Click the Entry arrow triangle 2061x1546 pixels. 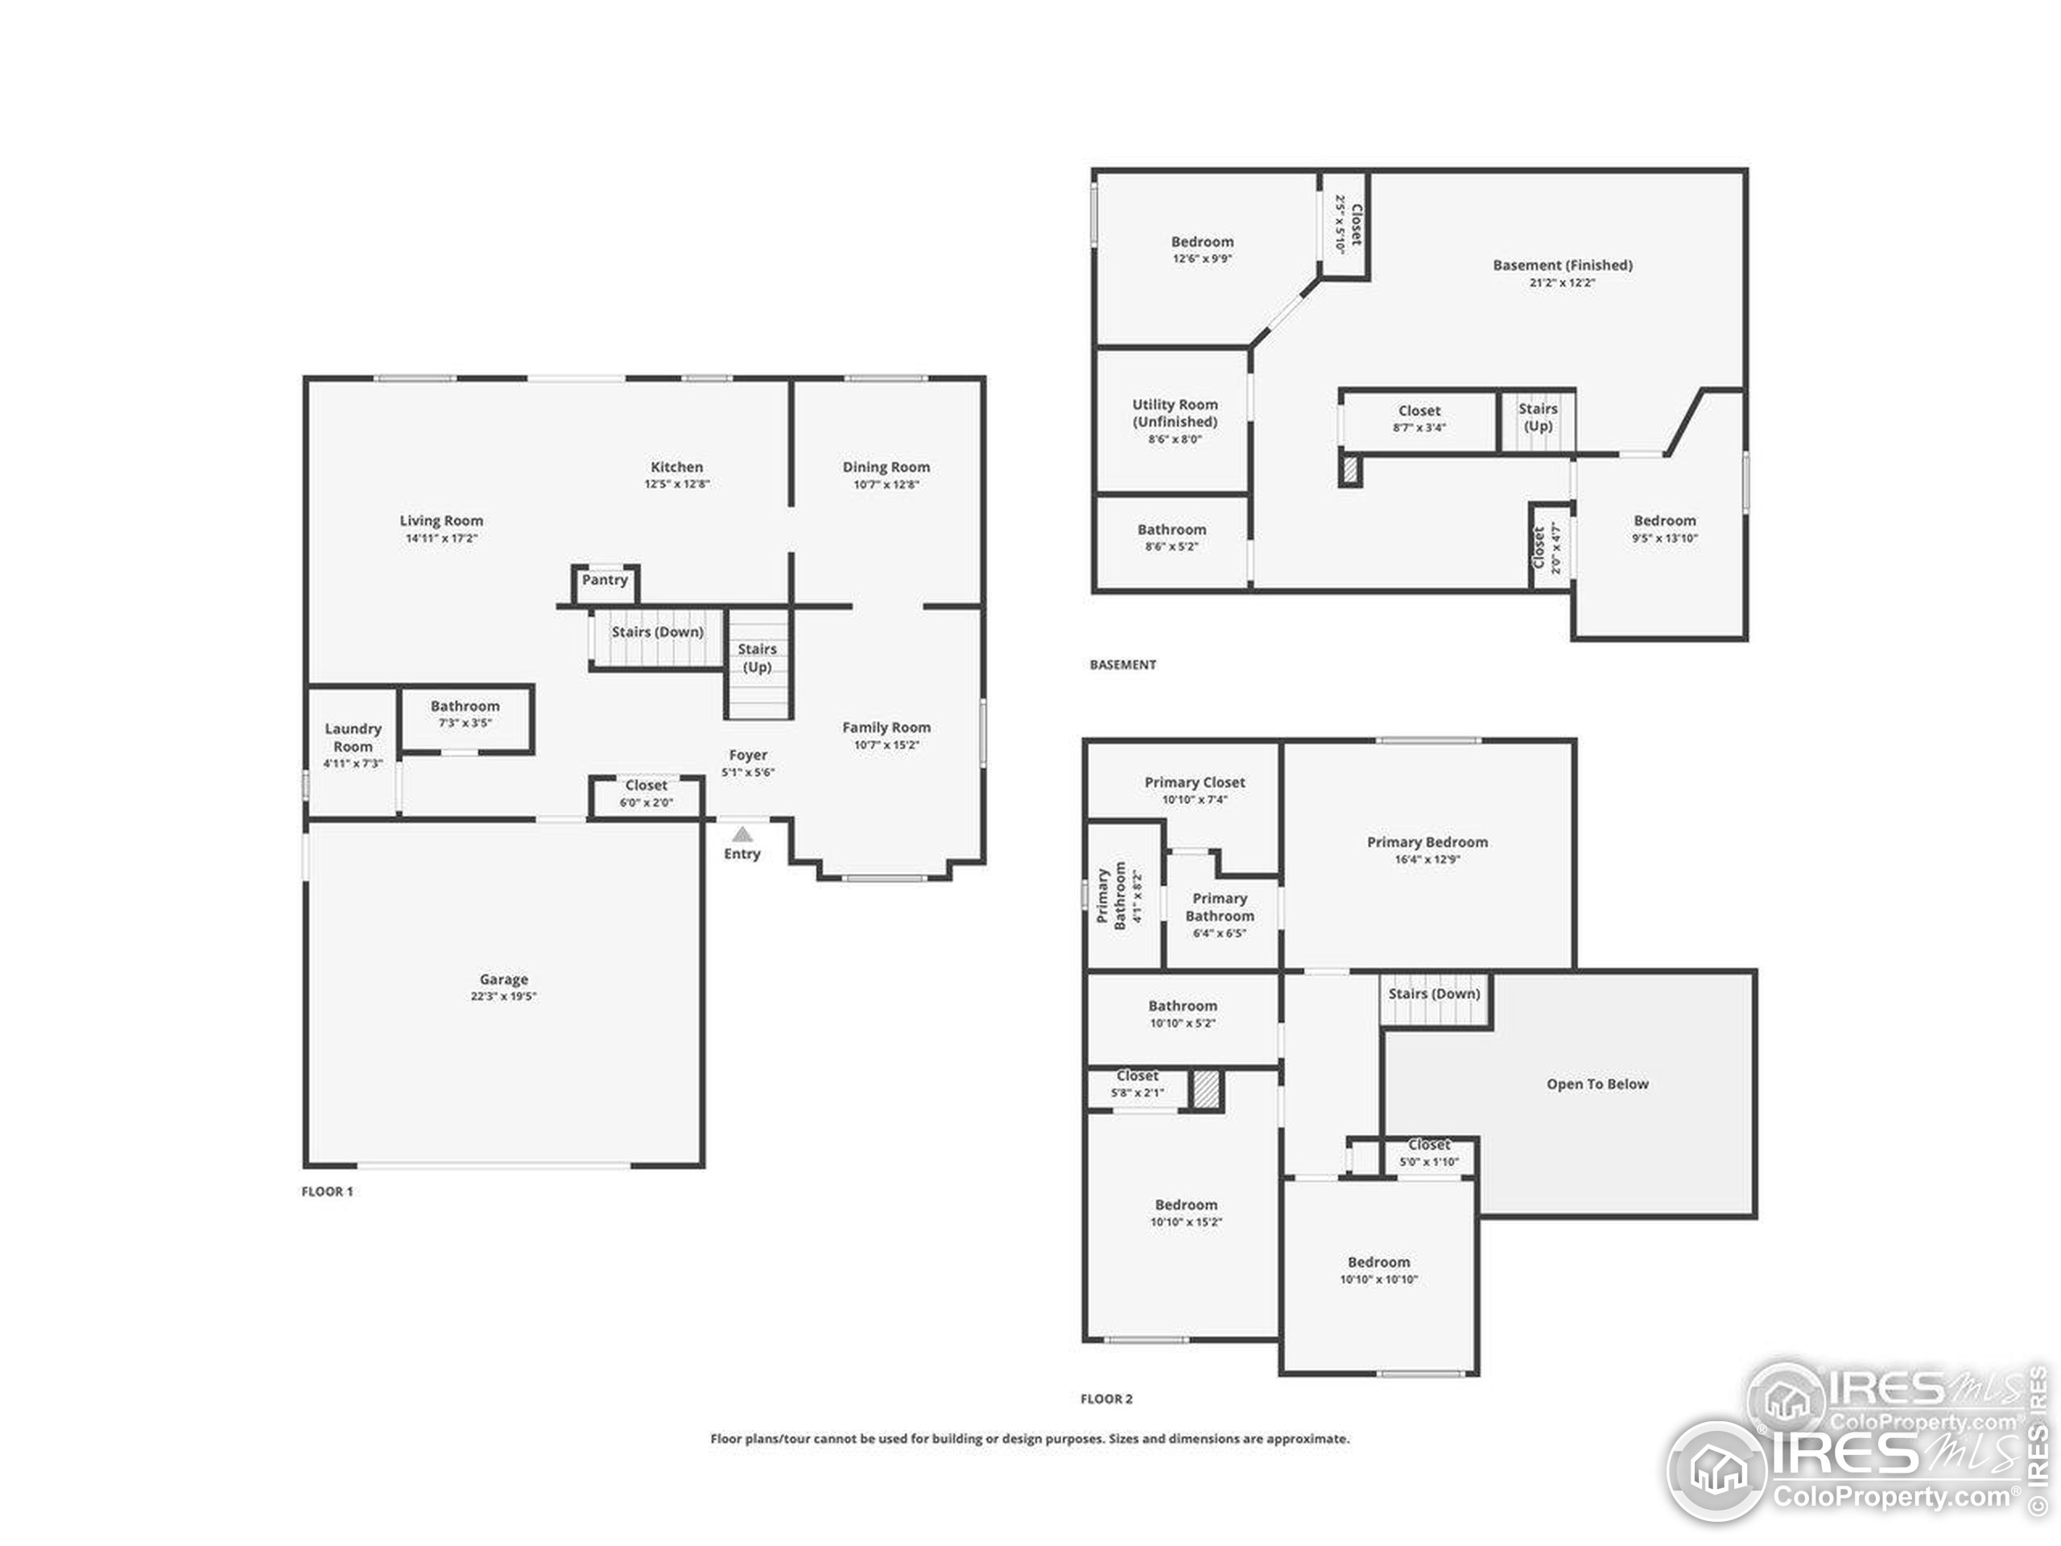click(741, 834)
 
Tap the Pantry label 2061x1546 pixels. click(605, 580)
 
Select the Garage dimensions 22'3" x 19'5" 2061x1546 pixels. click(503, 996)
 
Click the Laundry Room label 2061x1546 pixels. click(353, 737)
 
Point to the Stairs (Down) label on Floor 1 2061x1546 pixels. click(657, 632)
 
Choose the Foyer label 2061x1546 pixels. click(748, 754)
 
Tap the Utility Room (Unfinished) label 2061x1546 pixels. click(1175, 413)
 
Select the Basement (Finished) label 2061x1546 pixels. click(1563, 265)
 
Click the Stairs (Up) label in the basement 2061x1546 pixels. click(1538, 416)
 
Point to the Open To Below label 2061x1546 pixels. click(1597, 1084)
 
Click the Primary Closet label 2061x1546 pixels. click(1195, 782)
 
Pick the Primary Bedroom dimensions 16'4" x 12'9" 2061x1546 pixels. click(1427, 859)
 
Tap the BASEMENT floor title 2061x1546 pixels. click(1123, 664)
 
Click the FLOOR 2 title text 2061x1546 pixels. click(1106, 1398)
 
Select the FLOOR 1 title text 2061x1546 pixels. click(327, 1191)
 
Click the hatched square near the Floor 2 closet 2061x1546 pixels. click(1206, 1089)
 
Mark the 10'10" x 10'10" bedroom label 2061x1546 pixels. click(1378, 1262)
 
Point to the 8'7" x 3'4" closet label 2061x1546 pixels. click(1419, 410)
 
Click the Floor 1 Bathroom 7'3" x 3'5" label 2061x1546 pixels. click(465, 706)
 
